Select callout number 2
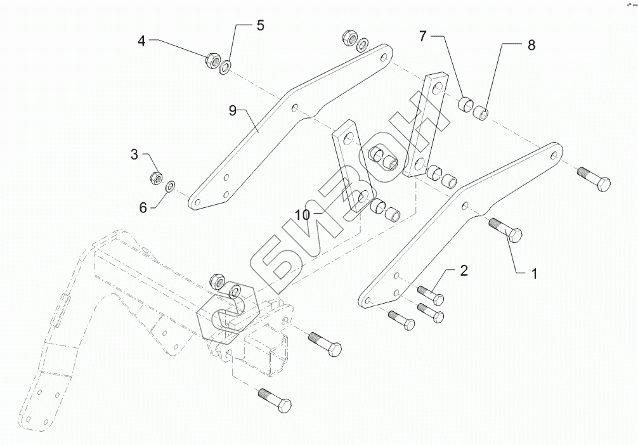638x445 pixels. click(464, 271)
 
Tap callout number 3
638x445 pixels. click(134, 154)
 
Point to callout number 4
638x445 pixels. click(142, 41)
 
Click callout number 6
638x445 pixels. click(143, 207)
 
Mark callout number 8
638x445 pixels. click(531, 45)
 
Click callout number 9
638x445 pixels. click(233, 110)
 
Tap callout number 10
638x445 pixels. click(303, 215)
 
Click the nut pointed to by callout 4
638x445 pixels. click(212, 61)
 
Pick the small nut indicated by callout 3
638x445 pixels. click(155, 178)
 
